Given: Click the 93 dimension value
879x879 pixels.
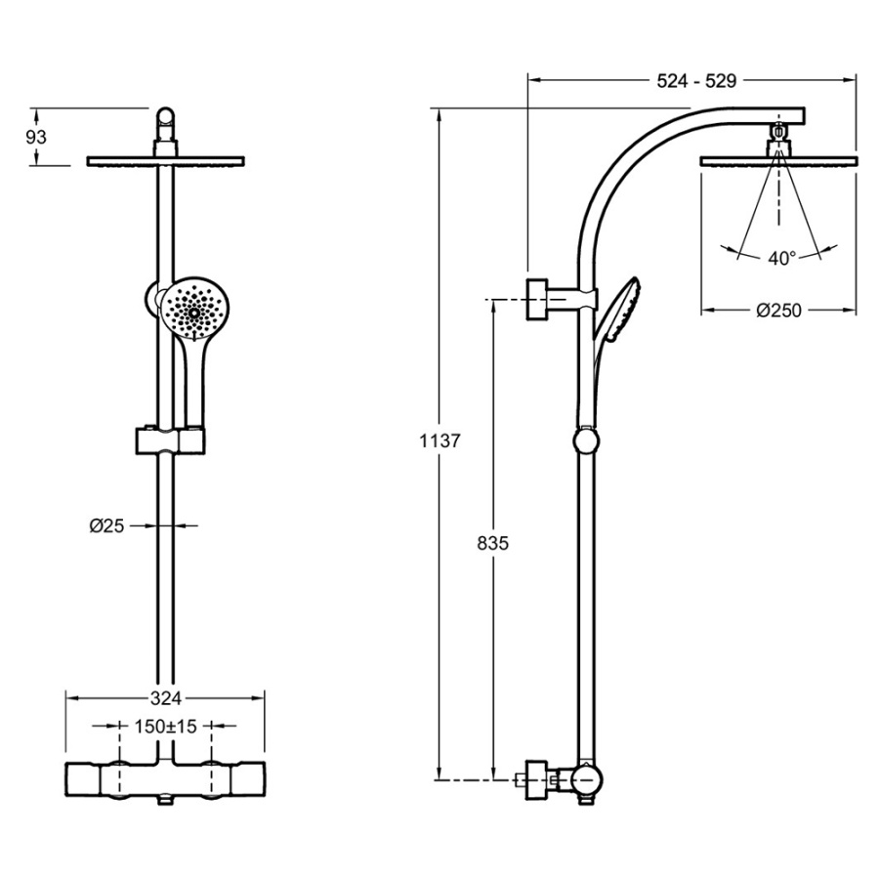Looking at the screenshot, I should (36, 137).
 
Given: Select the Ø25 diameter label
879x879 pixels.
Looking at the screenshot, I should (106, 525).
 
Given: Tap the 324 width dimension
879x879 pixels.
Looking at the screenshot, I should (166, 697).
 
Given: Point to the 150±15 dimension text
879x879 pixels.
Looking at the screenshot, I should (165, 727).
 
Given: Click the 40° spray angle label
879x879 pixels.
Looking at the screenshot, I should (781, 258).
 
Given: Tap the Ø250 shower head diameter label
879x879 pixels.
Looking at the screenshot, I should (778, 311).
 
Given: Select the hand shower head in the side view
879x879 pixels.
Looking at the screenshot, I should (621, 311).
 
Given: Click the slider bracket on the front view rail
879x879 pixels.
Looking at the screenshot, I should (169, 440).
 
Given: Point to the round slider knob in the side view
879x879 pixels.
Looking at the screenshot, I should (586, 441).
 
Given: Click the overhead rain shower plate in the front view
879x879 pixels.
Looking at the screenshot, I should (166, 161).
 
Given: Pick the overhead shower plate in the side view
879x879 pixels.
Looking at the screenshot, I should (778, 159).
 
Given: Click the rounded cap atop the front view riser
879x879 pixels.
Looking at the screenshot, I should (167, 121).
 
